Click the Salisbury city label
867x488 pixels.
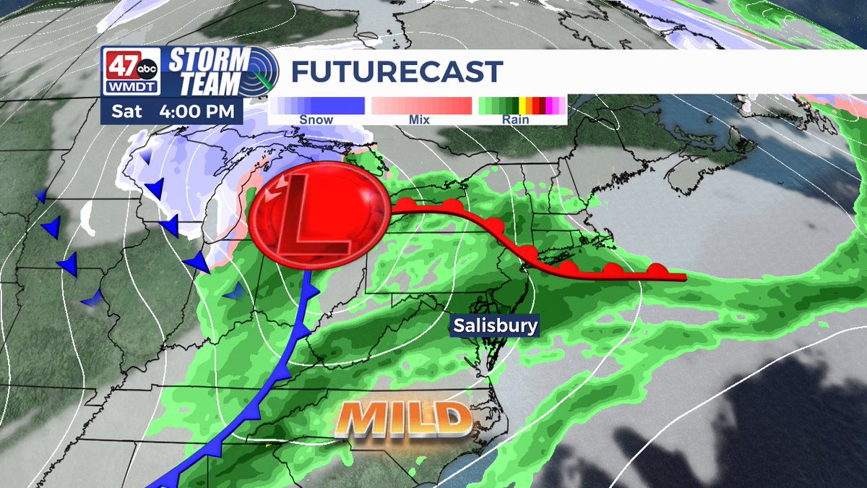click(x=496, y=326)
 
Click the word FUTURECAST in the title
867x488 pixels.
click(x=396, y=72)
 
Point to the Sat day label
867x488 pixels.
click(x=127, y=112)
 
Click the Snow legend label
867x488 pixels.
click(x=316, y=120)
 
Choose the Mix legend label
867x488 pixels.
click(x=419, y=120)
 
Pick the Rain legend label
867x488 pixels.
click(x=517, y=120)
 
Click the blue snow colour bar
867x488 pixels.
click(x=319, y=106)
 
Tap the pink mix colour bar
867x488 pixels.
click(x=421, y=106)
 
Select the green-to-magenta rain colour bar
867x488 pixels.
click(x=522, y=106)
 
